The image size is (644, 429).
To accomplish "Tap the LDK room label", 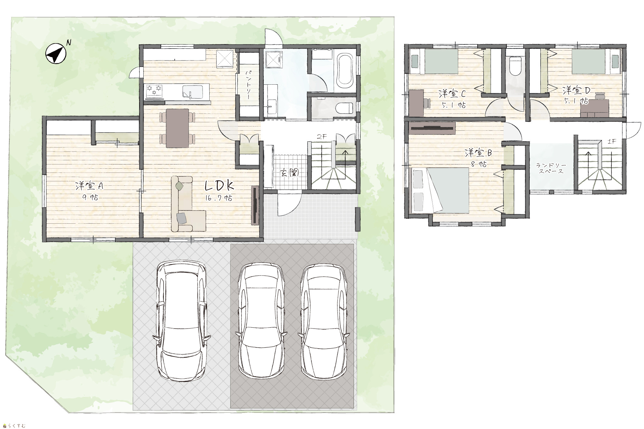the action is [219, 186].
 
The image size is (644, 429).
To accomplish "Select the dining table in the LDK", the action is [177, 128].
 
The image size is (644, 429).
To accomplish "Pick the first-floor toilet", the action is [344, 108].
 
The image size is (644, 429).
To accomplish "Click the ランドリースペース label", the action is [551, 168].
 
